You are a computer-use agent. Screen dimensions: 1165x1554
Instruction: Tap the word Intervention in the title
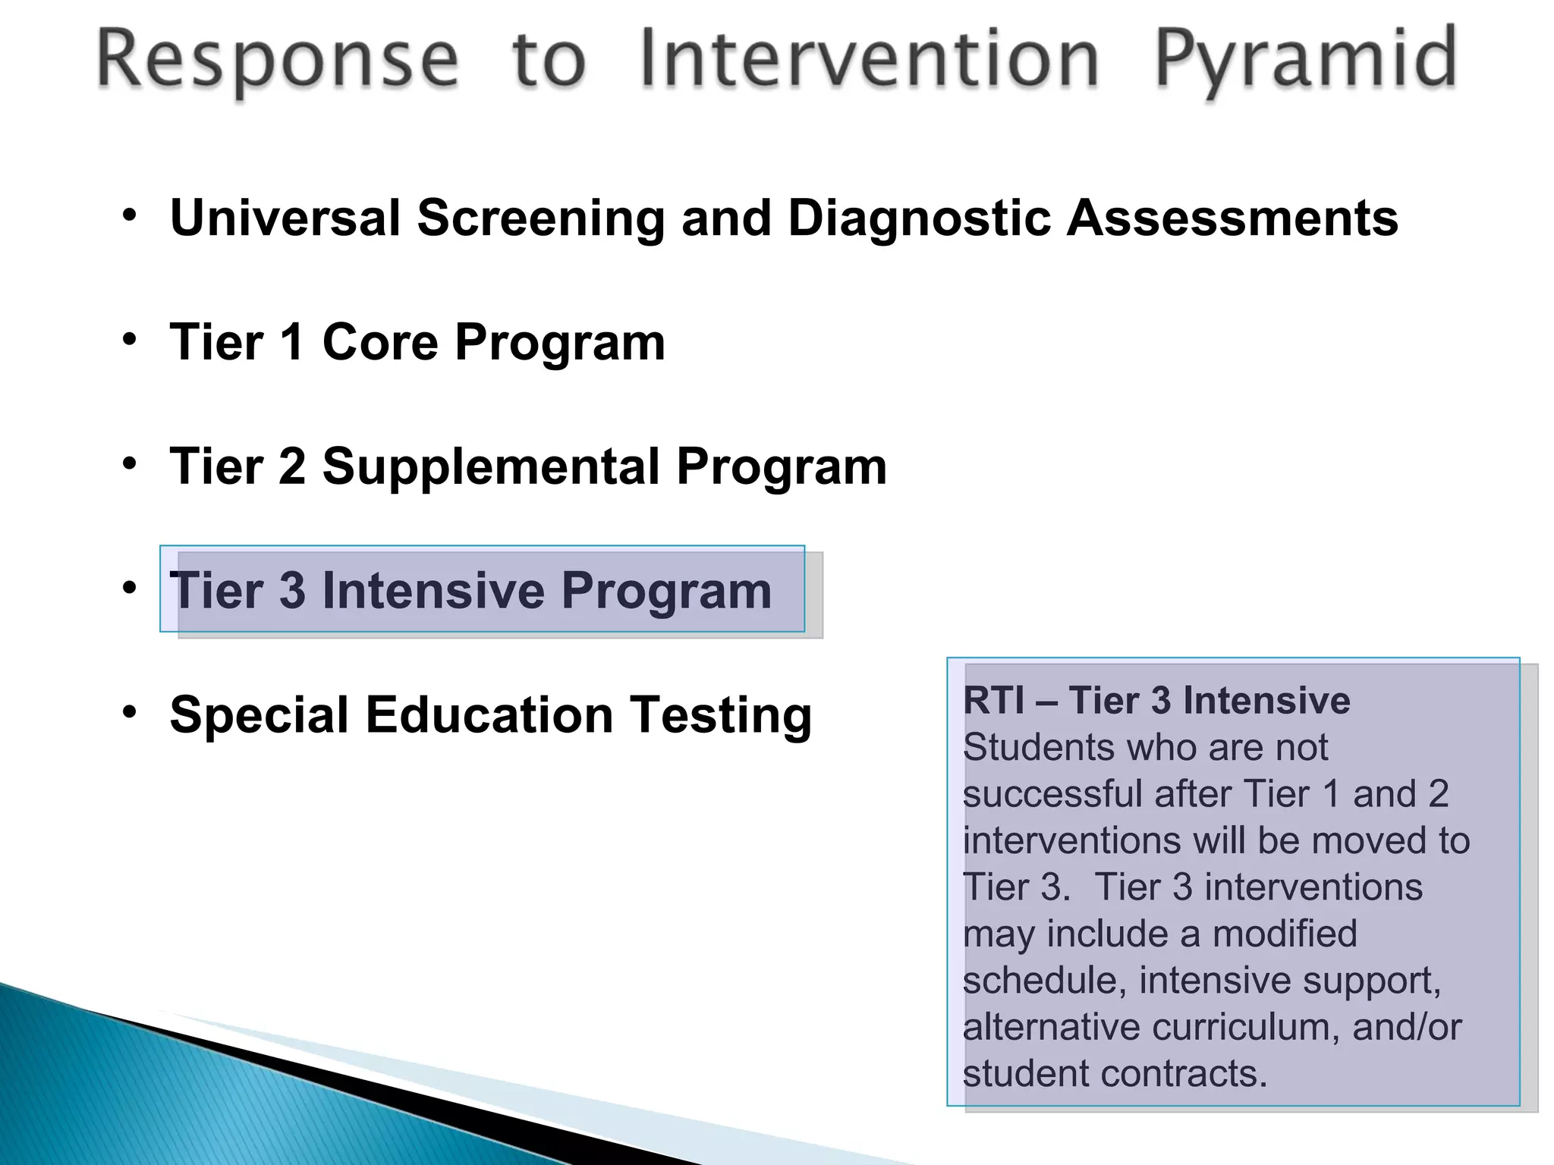point(869,59)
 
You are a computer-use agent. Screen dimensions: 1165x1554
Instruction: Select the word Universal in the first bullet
point(285,218)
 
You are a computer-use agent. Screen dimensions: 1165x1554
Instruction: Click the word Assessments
point(1232,218)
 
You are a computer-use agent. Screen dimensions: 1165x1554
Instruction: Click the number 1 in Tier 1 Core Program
point(292,343)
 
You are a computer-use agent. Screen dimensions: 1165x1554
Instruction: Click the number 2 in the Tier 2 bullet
point(292,467)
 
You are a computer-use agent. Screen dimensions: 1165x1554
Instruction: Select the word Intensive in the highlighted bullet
point(433,591)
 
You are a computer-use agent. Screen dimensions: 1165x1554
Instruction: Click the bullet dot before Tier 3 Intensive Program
point(130,587)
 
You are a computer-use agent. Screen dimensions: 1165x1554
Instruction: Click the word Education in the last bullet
point(489,715)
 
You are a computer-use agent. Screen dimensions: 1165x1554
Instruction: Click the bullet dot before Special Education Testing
point(130,711)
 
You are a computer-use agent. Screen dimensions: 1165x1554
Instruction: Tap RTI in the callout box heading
point(993,701)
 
